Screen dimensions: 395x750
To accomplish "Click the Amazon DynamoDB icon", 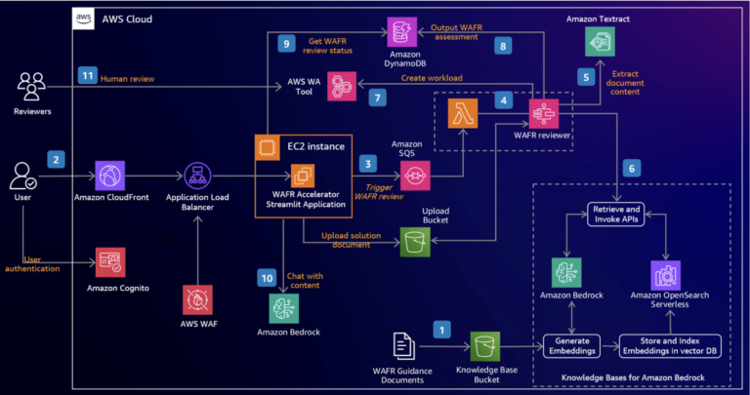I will click(400, 34).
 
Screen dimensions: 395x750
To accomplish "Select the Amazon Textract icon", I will click(601, 41).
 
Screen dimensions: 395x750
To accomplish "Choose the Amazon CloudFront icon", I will click(111, 177).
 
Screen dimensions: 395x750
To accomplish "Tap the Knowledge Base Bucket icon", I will click(485, 345).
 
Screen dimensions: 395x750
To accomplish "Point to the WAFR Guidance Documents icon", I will click(402, 345).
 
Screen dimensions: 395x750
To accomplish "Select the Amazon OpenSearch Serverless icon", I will click(665, 276).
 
